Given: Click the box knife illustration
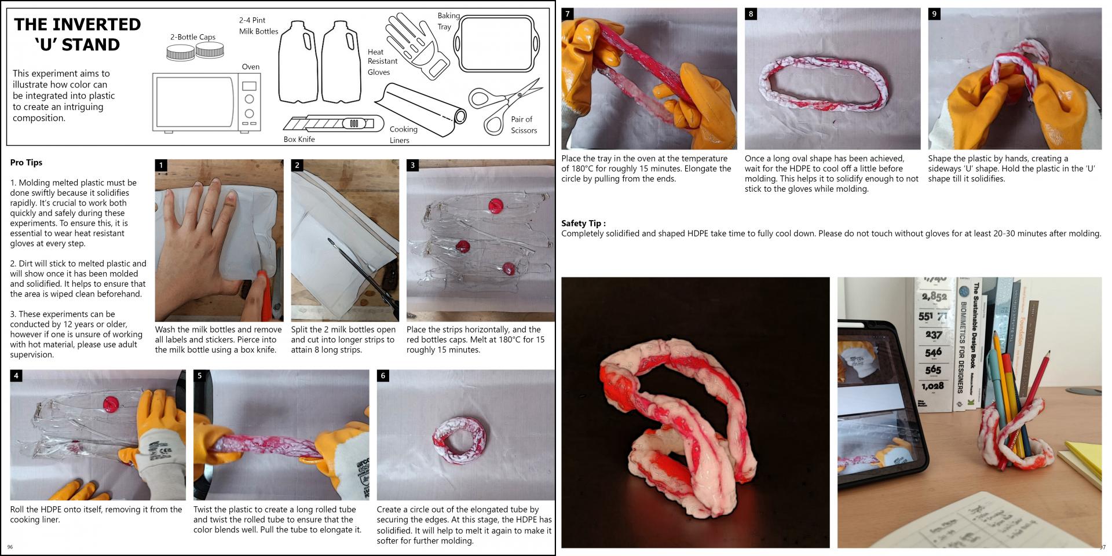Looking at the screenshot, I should [333, 123].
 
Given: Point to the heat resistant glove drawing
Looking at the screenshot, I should [416, 45].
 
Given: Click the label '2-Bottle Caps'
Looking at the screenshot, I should [192, 37].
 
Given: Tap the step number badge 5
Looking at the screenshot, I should [200, 376].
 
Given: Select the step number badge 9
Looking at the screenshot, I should [934, 14].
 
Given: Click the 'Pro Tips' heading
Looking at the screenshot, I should [26, 163].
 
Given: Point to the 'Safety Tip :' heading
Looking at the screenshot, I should [583, 224].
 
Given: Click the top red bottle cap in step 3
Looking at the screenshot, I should [495, 205].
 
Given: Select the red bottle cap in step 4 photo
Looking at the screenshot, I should [110, 402].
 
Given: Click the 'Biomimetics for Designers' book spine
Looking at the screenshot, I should [963, 342].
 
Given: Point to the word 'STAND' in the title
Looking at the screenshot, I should [90, 45].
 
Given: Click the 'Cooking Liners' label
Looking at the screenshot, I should [403, 134].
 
